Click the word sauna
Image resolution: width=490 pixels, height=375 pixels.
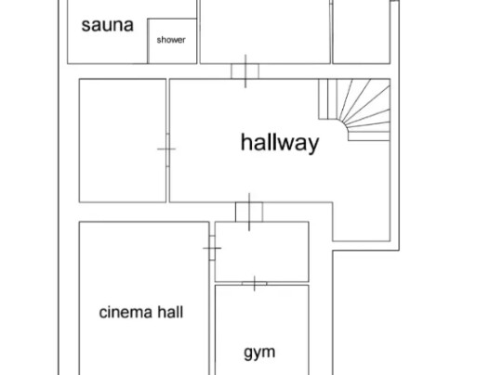coord(107,25)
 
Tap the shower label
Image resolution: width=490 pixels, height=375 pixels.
coord(171,40)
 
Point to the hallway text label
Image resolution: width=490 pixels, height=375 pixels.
coord(280,143)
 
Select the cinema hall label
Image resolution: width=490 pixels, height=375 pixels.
coord(141,312)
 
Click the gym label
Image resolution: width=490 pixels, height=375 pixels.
coord(259,353)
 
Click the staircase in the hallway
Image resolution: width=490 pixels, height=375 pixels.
coord(354,110)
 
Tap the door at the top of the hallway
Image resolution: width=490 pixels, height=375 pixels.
coord(245,71)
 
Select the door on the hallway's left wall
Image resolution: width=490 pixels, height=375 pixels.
coord(167,149)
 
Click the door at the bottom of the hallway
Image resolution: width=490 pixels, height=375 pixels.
coord(249,212)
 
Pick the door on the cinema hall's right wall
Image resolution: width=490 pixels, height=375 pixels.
coord(212,248)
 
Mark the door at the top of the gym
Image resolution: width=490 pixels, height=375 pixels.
coord(255,283)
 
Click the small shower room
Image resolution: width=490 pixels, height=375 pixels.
coord(172,41)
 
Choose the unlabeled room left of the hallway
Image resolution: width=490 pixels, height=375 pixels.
coord(123,140)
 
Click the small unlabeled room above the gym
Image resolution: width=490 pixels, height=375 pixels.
coord(262,252)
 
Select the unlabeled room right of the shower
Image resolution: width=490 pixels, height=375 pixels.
coord(265,32)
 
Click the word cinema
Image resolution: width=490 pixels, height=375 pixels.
coord(126,312)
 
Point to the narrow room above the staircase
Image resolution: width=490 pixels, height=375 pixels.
coord(362,32)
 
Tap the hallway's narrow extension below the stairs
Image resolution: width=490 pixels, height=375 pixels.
coord(362,222)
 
